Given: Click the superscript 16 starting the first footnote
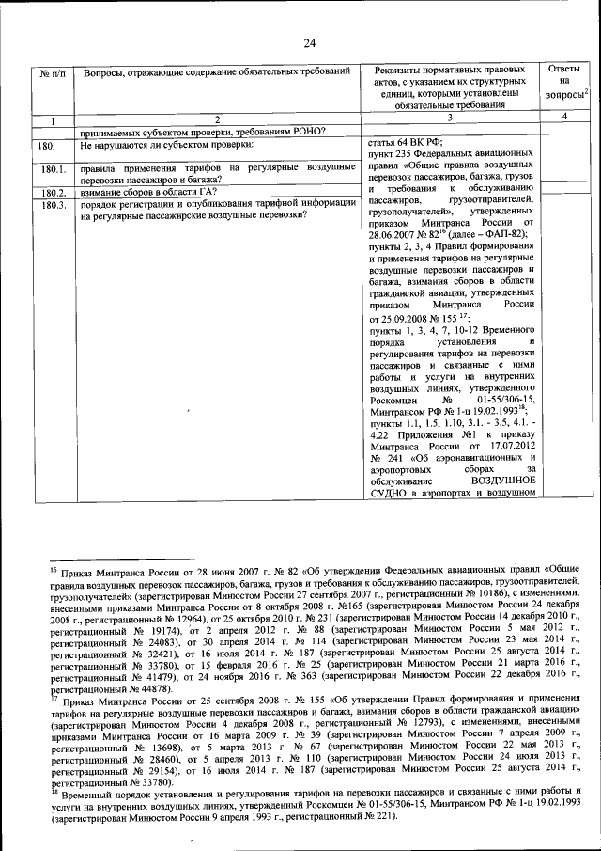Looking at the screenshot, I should [54, 566].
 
